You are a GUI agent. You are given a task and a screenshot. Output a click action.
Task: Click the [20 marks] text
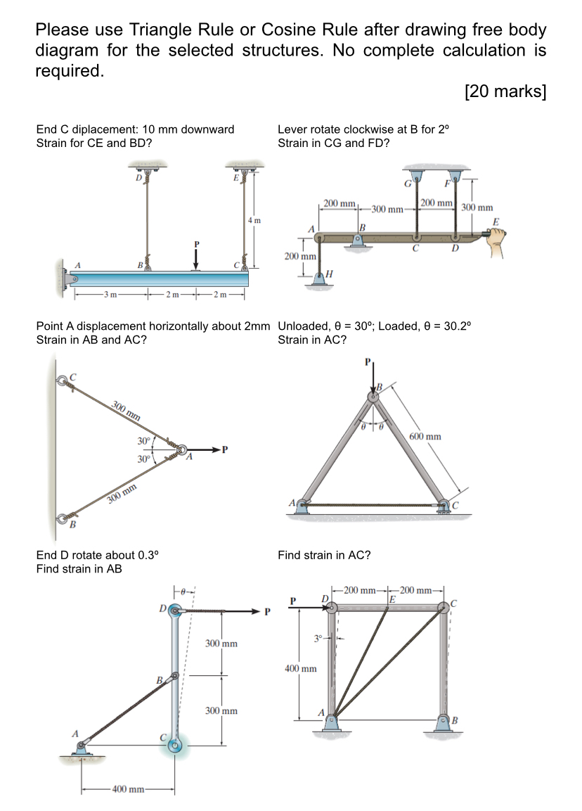[x=505, y=92]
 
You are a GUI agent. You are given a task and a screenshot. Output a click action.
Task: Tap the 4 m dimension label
[x=254, y=220]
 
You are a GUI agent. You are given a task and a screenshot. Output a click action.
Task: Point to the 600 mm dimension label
[x=425, y=437]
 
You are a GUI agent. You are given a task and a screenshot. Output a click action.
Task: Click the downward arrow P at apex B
[x=373, y=378]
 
